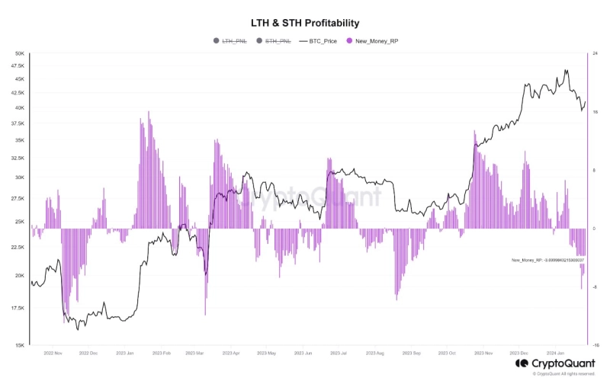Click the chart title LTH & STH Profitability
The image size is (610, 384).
[305, 24]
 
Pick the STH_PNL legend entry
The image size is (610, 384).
[276, 41]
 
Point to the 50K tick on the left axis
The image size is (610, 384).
[20, 53]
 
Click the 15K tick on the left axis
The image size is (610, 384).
[20, 345]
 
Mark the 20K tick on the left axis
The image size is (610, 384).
[20, 276]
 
